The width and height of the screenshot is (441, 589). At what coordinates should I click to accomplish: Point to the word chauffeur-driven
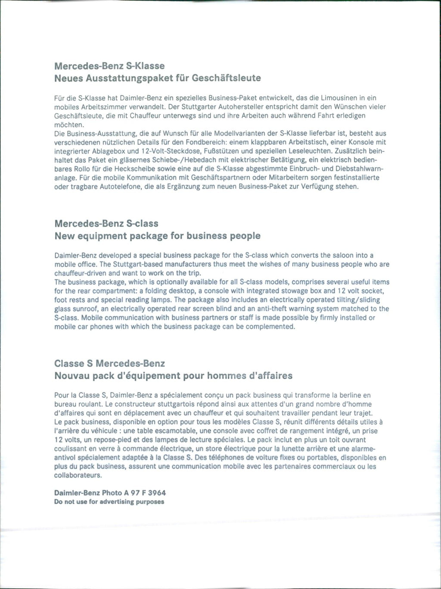coord(81,273)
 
